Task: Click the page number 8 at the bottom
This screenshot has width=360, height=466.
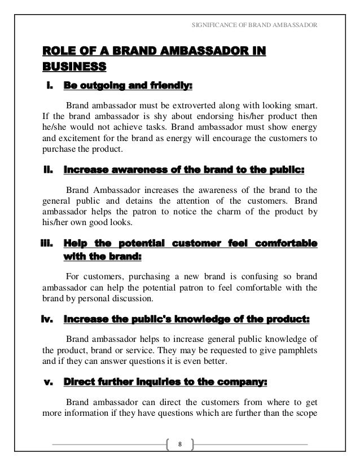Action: pos(180,444)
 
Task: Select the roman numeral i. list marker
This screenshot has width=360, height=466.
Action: pos(49,87)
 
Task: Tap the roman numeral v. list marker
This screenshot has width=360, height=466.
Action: pos(48,382)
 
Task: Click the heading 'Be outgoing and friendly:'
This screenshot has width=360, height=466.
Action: pos(128,87)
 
